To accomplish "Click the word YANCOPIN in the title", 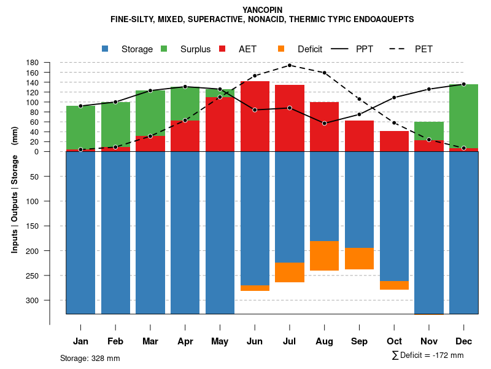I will point(262,10).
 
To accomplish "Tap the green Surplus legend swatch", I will point(164,49).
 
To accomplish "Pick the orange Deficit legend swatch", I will point(282,49).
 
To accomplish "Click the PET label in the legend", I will point(423,49).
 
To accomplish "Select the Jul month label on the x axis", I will point(290,341).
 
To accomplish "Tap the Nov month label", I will point(429,341).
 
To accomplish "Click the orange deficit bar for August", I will point(325,256).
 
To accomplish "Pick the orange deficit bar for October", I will point(395,285).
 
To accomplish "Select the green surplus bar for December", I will point(464,116).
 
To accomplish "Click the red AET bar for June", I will point(255,116).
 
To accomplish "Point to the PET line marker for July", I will point(290,65).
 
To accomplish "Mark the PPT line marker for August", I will point(325,123).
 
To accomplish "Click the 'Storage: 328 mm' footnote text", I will point(90,358).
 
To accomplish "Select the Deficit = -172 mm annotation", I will point(428,355).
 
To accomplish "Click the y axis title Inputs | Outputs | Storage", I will point(15,188).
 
